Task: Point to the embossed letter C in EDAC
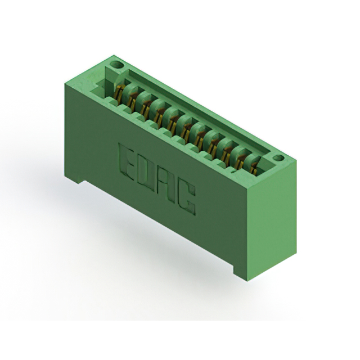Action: [186, 197]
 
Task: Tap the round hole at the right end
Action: [278, 158]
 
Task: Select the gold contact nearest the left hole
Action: [119, 93]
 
